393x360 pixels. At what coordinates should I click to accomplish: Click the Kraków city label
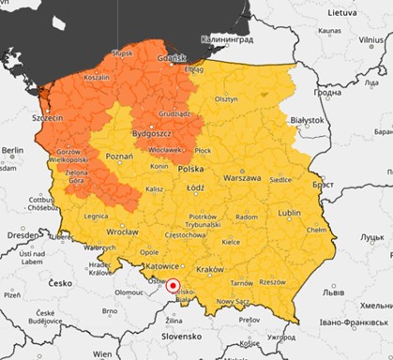[211, 268]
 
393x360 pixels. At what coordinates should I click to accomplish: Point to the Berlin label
[12, 150]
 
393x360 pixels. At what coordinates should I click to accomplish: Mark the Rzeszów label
[272, 281]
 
